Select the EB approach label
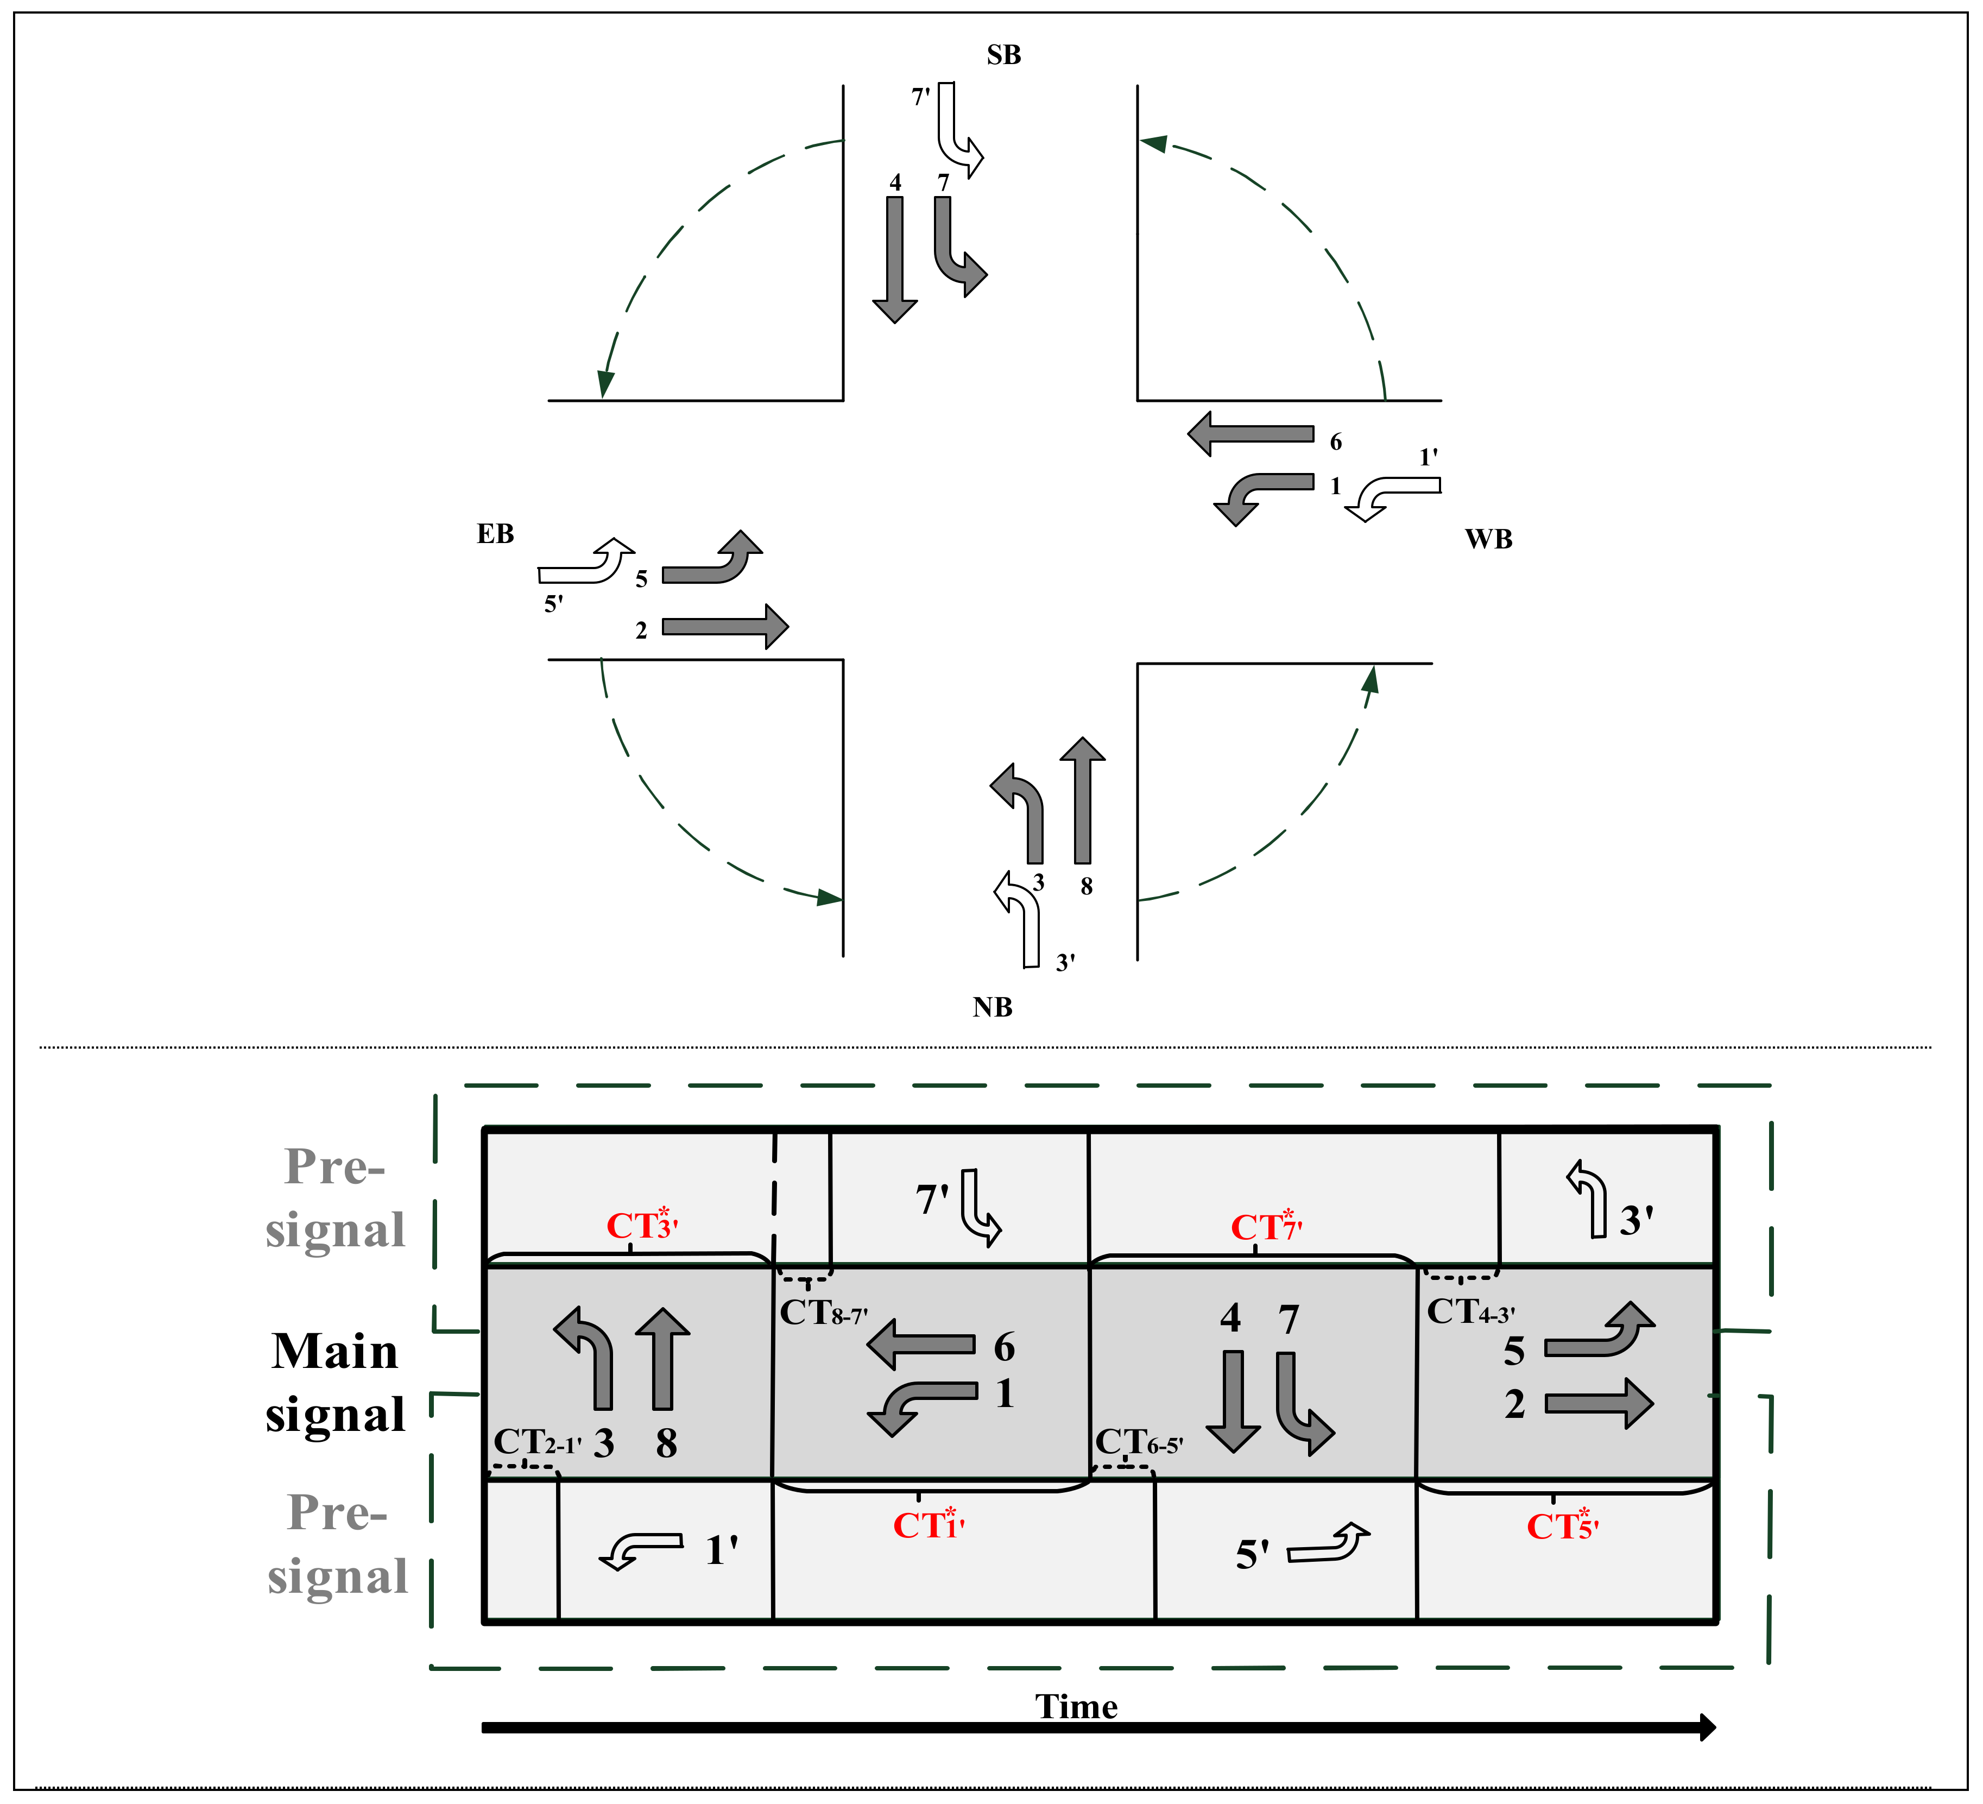(x=495, y=534)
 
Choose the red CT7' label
(x=1265, y=1227)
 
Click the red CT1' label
(x=927, y=1525)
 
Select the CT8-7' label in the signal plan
(x=822, y=1312)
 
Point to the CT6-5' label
(x=1138, y=1443)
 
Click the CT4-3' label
(x=1469, y=1311)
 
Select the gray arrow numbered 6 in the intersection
(x=1249, y=434)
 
